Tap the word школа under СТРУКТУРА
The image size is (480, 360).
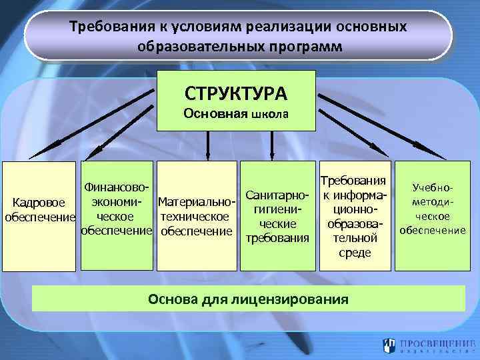click(x=270, y=114)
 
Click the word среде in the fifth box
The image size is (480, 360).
click(x=355, y=253)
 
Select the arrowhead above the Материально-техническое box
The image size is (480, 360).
click(x=209, y=153)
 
